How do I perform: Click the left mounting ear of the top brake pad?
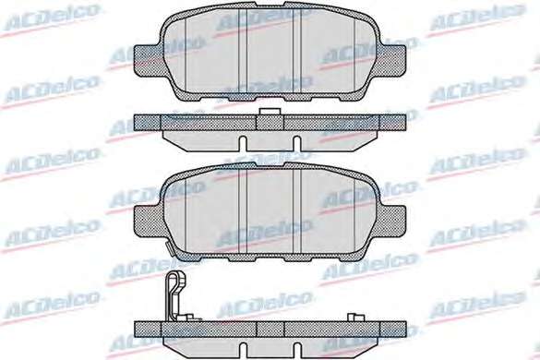pyautogui.click(x=148, y=61)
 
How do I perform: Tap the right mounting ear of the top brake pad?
pyautogui.click(x=393, y=61)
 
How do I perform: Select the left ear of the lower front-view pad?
pyautogui.click(x=148, y=222)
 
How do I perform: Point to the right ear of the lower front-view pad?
pyautogui.click(x=393, y=222)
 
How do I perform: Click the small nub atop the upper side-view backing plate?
pyautogui.click(x=270, y=112)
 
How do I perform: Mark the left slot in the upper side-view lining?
pyautogui.click(x=243, y=143)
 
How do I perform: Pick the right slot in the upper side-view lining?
pyautogui.click(x=296, y=143)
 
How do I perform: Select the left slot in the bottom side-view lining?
pyautogui.click(x=243, y=351)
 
